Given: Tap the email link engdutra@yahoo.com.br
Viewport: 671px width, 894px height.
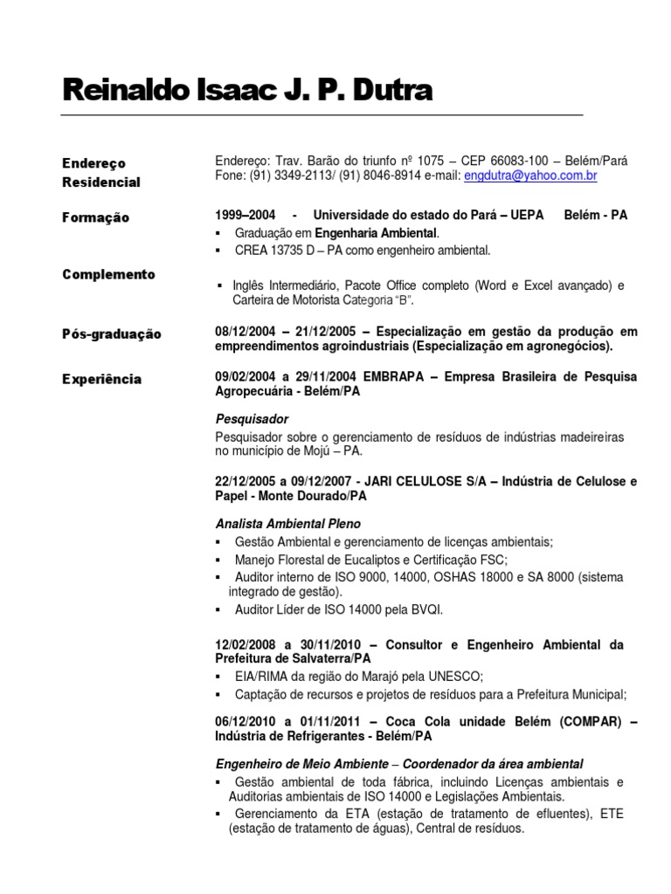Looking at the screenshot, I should [530, 175].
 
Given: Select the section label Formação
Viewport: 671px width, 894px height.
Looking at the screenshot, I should [95, 217].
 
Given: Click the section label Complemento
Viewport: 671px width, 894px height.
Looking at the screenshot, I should [108, 274].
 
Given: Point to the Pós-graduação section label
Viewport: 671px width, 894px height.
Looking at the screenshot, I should [112, 334].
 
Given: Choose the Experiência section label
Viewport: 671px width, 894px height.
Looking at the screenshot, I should [102, 379].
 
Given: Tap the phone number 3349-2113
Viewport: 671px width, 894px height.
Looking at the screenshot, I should [280, 175].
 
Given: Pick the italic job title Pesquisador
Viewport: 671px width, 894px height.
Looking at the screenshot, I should [252, 419].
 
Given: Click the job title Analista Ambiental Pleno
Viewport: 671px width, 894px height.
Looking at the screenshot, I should [287, 524].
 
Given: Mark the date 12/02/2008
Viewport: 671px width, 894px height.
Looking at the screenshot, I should [247, 645].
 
